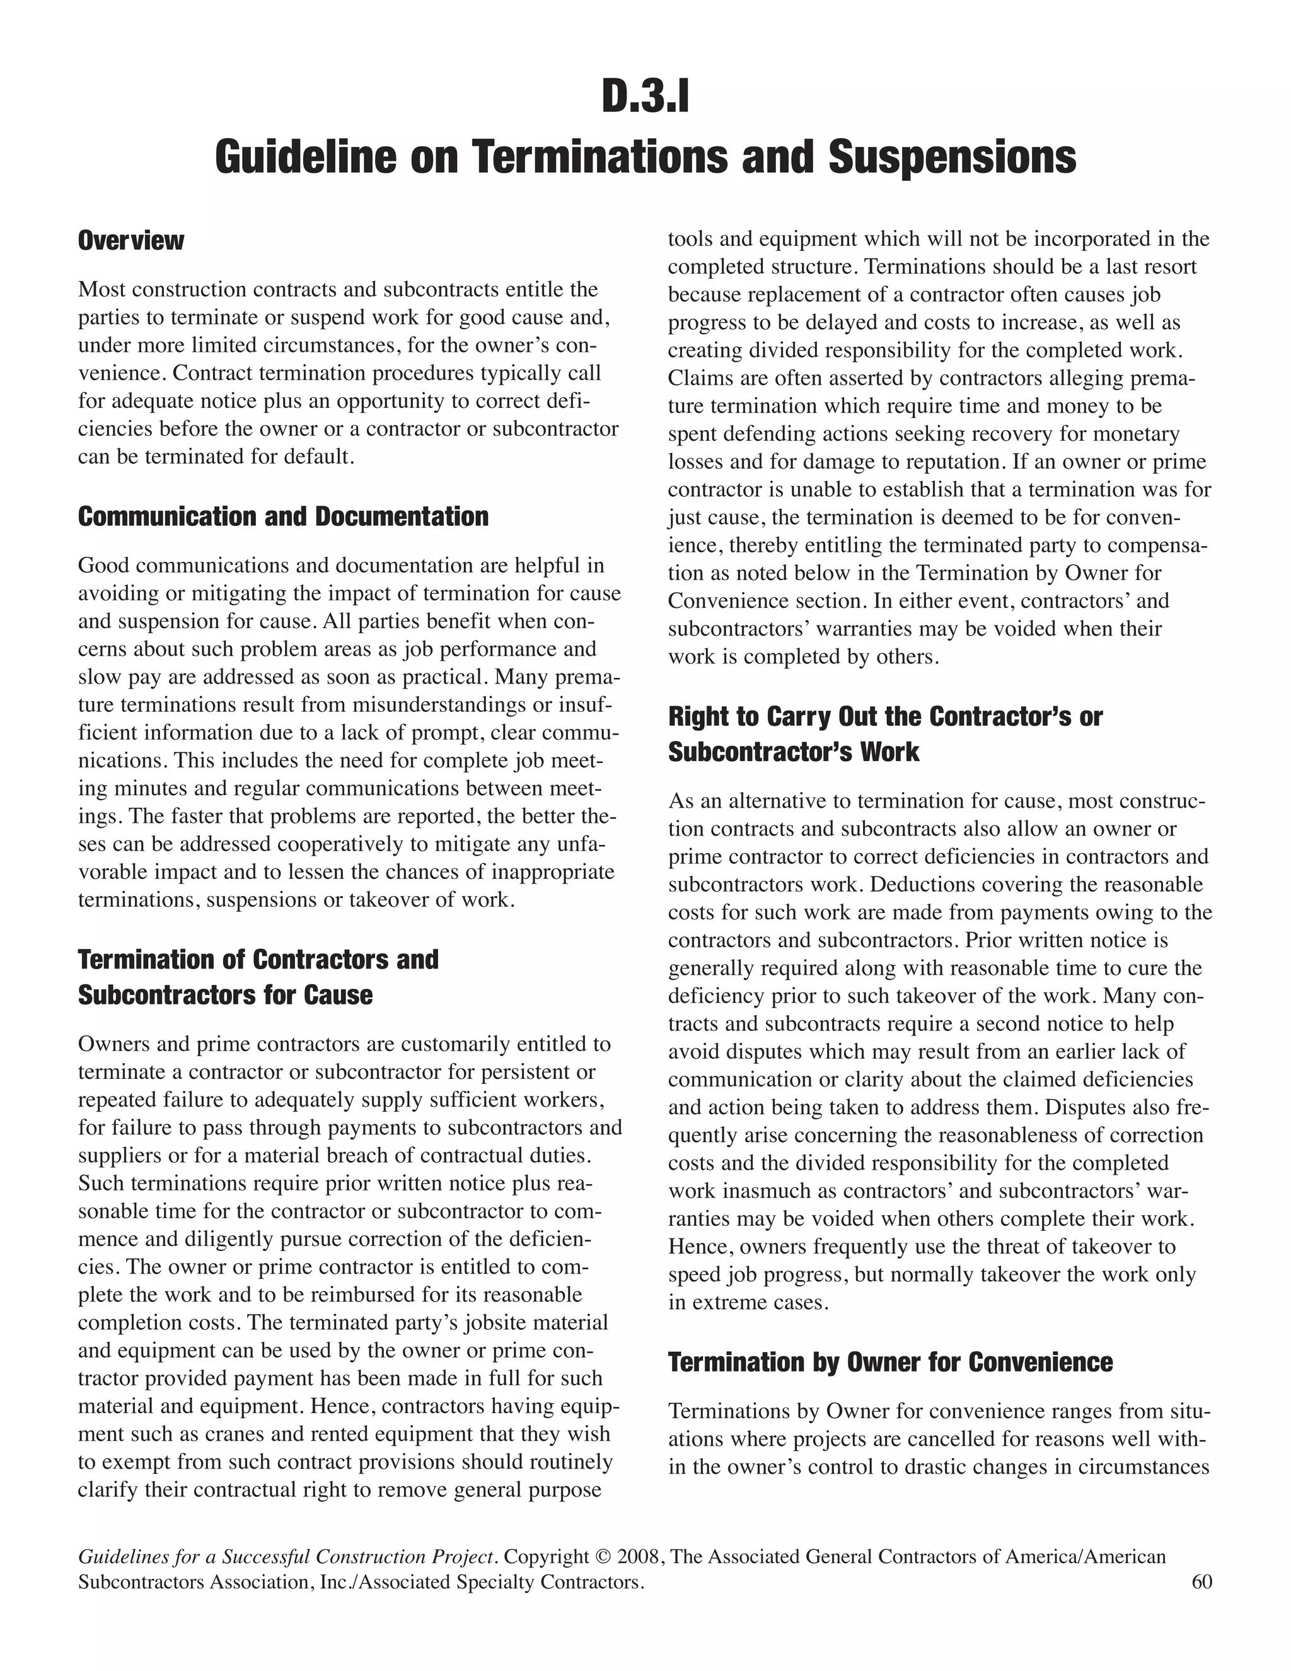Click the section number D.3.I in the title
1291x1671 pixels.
645,98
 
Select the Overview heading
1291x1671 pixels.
130,240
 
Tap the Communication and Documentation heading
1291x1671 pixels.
283,516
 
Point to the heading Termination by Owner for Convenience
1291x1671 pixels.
890,1362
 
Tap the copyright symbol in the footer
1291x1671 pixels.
604,1557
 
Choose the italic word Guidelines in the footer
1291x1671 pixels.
125,1557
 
